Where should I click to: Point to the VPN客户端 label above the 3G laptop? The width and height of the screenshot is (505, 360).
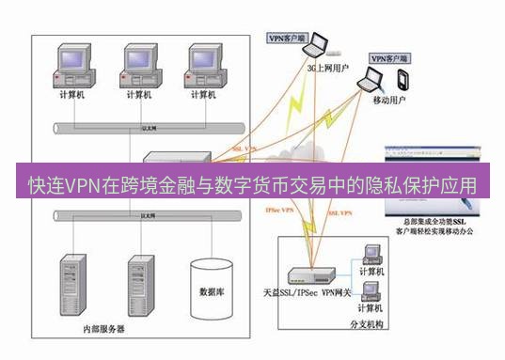(x=288, y=39)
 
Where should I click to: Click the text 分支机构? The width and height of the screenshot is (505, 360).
(x=368, y=323)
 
